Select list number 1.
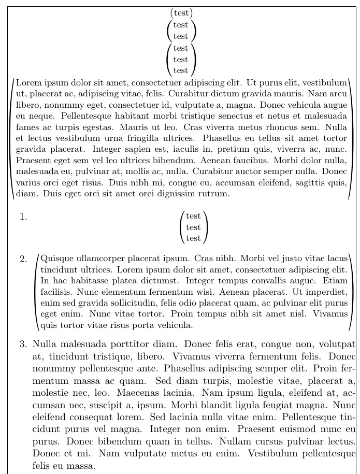point(23,217)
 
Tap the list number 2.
point(23,259)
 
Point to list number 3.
point(23,343)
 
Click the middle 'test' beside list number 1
point(193,227)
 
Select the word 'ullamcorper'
point(99,258)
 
